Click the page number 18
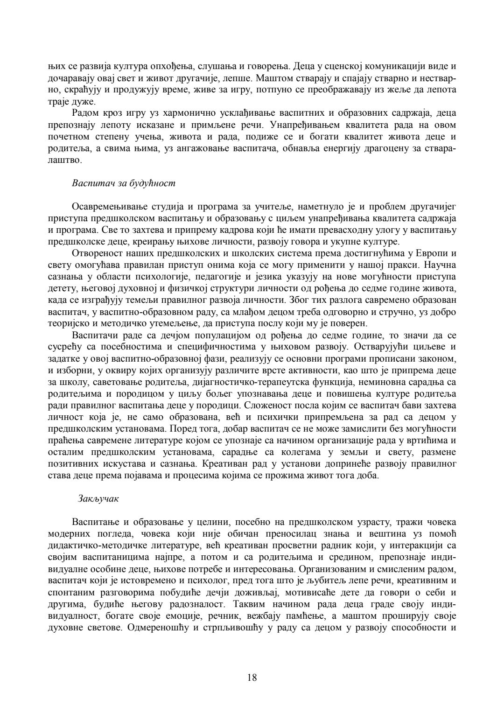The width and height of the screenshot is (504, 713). (252, 678)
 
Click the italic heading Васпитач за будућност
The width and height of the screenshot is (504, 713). (124, 183)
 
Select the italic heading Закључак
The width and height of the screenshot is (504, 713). (98, 498)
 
